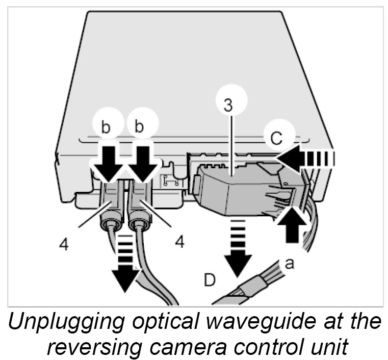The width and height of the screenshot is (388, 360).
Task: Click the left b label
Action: [x=106, y=127]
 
